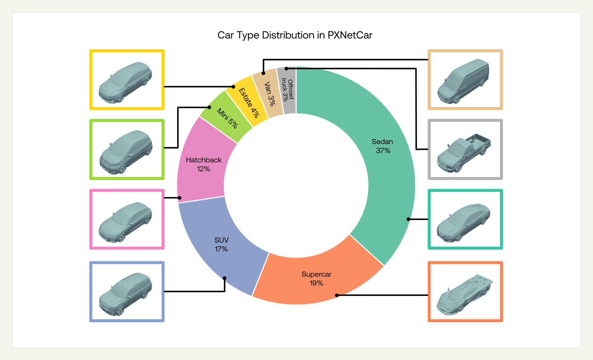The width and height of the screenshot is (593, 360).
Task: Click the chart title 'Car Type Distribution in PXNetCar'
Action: pyautogui.click(x=295, y=35)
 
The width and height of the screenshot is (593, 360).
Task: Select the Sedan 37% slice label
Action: pyautogui.click(x=382, y=146)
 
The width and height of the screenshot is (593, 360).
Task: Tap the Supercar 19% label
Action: pyautogui.click(x=317, y=279)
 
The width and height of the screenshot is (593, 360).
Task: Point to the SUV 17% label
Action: pyautogui.click(x=221, y=244)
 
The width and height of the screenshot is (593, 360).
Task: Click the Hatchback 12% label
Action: pyautogui.click(x=203, y=164)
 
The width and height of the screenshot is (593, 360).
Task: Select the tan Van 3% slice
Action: pyautogui.click(x=269, y=94)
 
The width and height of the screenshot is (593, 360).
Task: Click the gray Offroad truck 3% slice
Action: pyautogui.click(x=288, y=90)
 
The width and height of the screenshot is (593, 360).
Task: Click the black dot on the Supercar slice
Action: pyautogui.click(x=337, y=295)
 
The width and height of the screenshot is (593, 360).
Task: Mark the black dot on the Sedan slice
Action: pyautogui.click(x=408, y=219)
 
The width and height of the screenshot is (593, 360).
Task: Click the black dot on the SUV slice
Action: pyautogui.click(x=225, y=278)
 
